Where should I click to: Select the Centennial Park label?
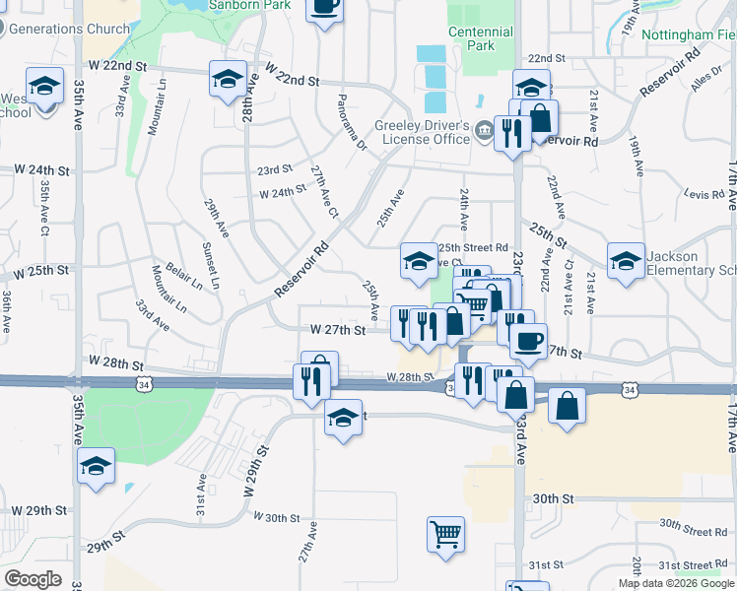point(480,37)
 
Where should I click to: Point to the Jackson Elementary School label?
point(690,263)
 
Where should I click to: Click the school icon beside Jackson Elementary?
point(626,262)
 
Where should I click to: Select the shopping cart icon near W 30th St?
point(445,534)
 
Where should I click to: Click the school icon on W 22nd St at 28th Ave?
point(228,79)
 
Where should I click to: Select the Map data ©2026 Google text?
point(675,583)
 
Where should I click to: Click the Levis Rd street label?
point(703,195)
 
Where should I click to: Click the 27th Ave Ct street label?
point(324,192)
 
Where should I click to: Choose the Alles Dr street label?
point(706,87)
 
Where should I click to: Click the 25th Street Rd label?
point(474,247)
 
